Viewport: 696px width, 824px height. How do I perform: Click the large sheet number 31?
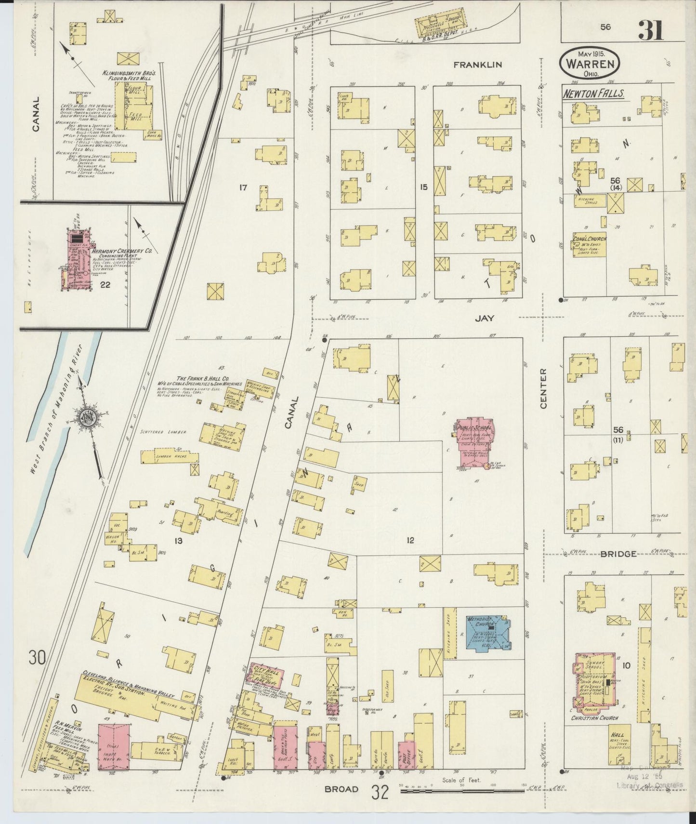[x=651, y=30]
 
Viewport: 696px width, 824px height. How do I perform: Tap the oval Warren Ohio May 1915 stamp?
[x=590, y=63]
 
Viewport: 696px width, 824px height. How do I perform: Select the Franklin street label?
[x=479, y=64]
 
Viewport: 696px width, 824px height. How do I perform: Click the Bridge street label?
[x=618, y=554]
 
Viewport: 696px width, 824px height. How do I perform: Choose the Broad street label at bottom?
[x=341, y=789]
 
